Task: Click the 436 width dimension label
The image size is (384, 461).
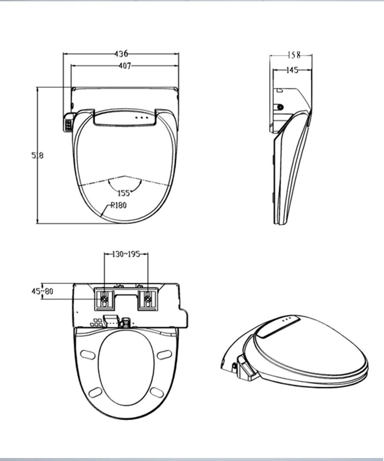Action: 121,53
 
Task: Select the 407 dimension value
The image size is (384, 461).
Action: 125,66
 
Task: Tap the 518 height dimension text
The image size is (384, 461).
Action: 38,155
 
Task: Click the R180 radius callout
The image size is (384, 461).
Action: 119,205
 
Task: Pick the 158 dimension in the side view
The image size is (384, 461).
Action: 294,55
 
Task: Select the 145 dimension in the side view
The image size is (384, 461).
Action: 292,70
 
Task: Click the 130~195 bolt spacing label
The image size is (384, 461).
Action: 126,254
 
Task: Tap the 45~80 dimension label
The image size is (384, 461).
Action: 42,291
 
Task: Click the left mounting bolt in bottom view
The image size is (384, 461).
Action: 105,299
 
